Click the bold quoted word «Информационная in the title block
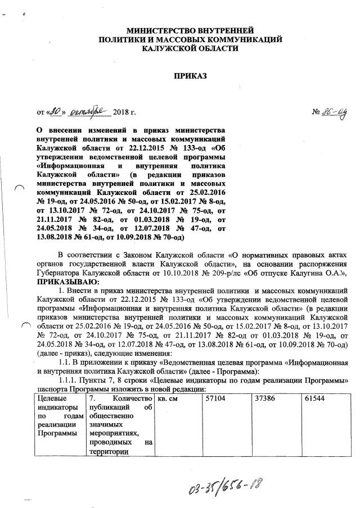[x=69, y=167]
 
